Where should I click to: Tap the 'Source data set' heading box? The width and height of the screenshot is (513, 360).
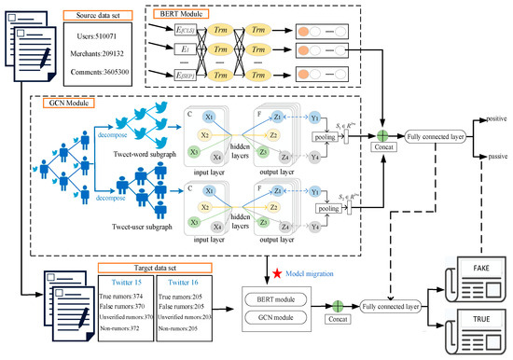(x=97, y=15)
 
